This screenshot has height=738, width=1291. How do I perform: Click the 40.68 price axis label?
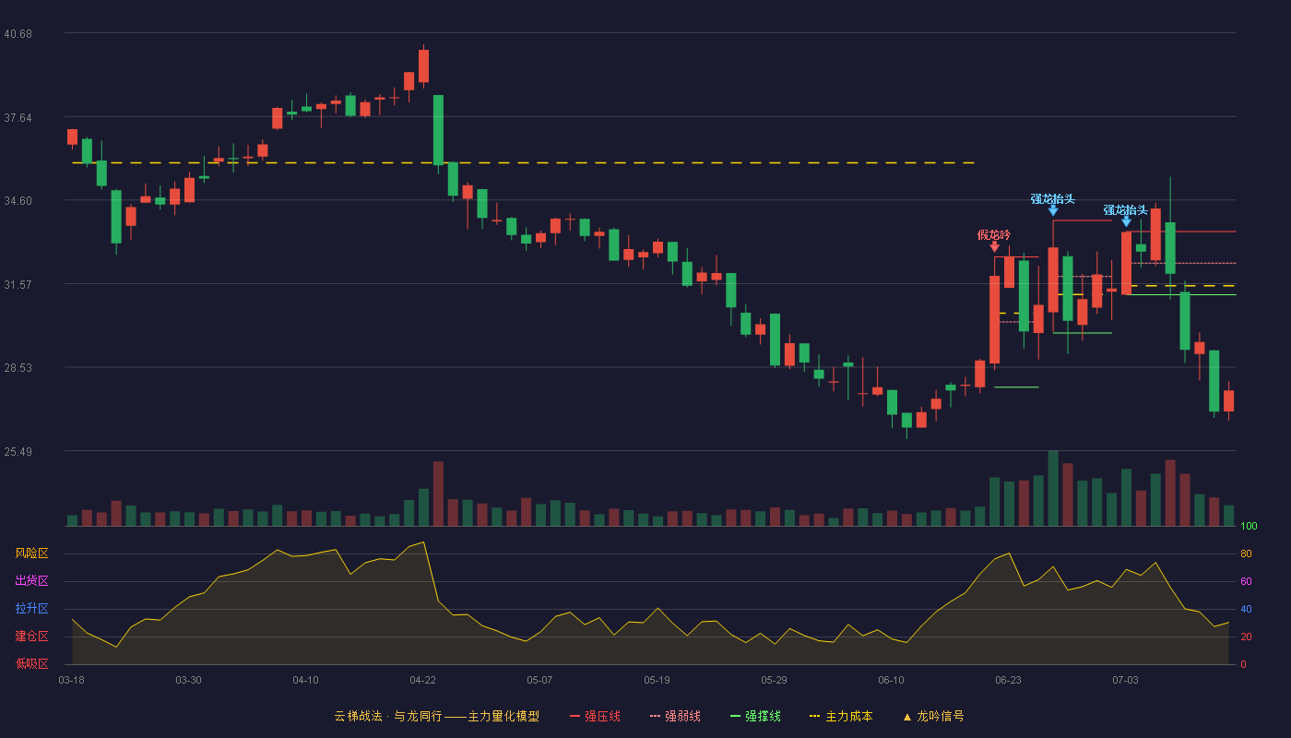(18, 34)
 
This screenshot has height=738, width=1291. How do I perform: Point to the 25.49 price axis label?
(18, 451)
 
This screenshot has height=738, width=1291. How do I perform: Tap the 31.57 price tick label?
(18, 285)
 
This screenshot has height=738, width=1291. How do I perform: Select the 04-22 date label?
(422, 681)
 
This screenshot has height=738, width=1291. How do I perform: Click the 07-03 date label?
(1125, 681)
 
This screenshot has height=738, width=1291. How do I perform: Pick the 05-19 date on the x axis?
(657, 681)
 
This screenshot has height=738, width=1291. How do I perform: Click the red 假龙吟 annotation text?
(994, 234)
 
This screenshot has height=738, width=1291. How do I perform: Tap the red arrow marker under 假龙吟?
(995, 247)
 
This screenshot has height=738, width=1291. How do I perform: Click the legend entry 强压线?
(595, 716)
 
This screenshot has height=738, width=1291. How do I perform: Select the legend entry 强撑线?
(755, 716)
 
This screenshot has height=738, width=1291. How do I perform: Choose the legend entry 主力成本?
(841, 716)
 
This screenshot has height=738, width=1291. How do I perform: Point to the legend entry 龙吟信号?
(933, 716)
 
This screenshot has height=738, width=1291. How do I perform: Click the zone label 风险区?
(31, 553)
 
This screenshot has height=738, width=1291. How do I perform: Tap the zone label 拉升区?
(31, 609)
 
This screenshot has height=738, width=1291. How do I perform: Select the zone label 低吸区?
(31, 664)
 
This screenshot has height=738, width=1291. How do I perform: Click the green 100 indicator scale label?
(1249, 526)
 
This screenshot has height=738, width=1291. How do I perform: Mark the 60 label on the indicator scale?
(1246, 581)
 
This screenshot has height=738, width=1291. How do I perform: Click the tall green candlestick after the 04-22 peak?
(438, 130)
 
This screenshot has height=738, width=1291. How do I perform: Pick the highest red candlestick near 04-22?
(423, 65)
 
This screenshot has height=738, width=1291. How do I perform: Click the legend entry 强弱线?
(675, 716)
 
